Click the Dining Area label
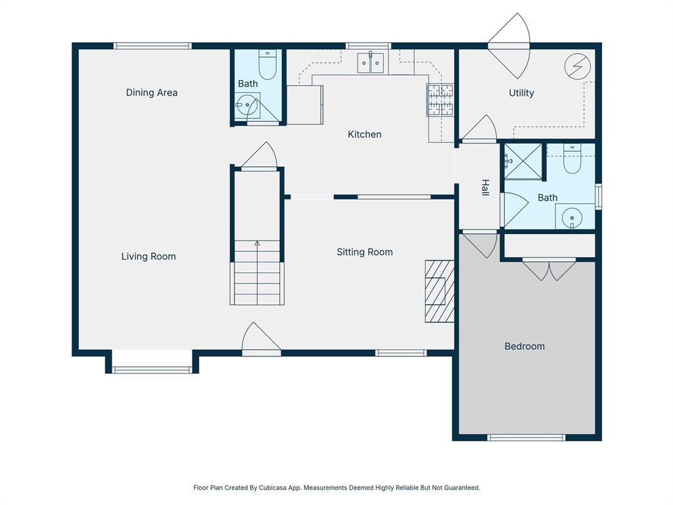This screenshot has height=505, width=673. click(x=152, y=93)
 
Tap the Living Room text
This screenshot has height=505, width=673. click(x=149, y=256)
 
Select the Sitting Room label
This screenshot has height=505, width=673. click(x=365, y=252)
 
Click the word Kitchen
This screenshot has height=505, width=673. click(x=365, y=134)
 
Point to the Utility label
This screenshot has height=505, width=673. click(x=521, y=93)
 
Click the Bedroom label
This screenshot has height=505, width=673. click(x=524, y=347)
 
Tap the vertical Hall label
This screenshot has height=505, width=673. click(x=486, y=188)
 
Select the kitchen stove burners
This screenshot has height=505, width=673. click(x=441, y=99)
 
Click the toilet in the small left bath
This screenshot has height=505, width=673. click(x=267, y=65)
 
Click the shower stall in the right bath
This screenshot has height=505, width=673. click(x=522, y=162)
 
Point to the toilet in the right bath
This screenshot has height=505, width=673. click(x=572, y=160)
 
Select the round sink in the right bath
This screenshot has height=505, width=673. click(x=572, y=217)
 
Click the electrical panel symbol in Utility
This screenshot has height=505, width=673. click(x=578, y=66)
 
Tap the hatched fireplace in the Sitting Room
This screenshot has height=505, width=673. click(x=440, y=291)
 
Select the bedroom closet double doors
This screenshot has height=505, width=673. click(x=549, y=270)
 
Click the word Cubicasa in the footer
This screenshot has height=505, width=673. click(x=273, y=488)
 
